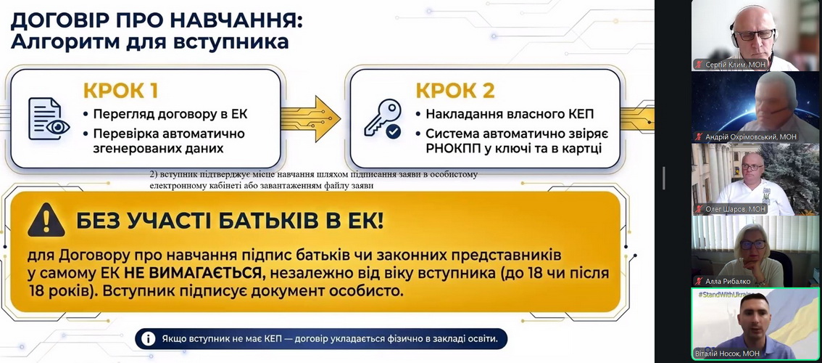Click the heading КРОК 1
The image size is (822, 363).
[x=120, y=91]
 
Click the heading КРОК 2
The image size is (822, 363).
[x=455, y=91]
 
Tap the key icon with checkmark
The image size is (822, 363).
[x=383, y=119]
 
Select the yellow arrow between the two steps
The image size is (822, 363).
[x=310, y=118]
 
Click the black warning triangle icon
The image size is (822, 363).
[x=46, y=220]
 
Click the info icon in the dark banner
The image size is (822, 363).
[x=148, y=339]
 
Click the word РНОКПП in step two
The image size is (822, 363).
[x=451, y=149]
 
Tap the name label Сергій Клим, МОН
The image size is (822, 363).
[x=736, y=64]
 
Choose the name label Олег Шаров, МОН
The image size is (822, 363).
[x=736, y=209]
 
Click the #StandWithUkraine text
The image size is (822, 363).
[x=726, y=294]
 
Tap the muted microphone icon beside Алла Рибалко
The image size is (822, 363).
[x=698, y=281]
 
